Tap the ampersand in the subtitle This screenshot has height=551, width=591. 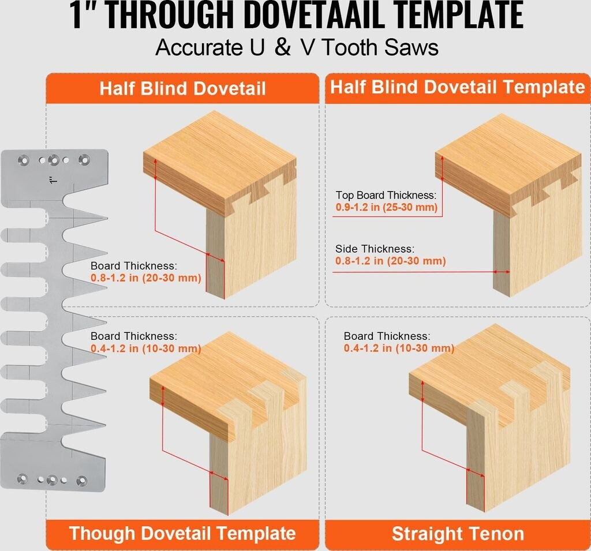283,47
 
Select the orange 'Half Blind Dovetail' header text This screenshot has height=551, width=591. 183,89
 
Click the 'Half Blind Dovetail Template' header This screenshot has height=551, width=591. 458,87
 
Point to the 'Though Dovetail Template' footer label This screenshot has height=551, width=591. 182,533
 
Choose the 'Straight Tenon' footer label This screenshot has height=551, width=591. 458,534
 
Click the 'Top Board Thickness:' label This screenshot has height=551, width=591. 386,195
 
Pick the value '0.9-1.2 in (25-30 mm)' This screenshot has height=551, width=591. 387,207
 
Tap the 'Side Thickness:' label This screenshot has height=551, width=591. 375,249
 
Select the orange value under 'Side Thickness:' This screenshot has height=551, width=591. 391,261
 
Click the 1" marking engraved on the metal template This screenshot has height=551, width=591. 53,180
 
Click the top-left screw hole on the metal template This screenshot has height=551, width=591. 24,160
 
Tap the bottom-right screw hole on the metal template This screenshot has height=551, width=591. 82,481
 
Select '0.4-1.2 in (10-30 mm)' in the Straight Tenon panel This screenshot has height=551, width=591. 399,348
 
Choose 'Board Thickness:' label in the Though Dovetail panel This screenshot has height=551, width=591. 134,336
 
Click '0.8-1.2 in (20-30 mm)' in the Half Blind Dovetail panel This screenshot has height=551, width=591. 146,278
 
